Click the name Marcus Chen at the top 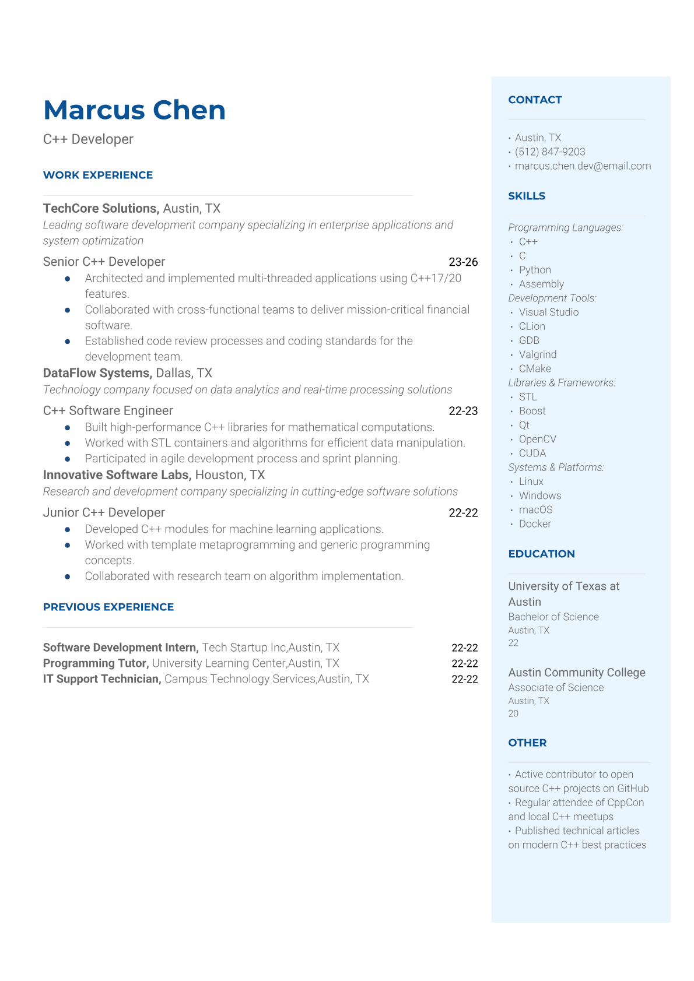click(x=134, y=110)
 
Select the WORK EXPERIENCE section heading click(x=98, y=175)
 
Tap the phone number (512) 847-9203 click(x=550, y=152)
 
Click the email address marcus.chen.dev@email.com click(x=583, y=166)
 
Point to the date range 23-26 click(x=463, y=262)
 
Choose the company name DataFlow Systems click(x=97, y=373)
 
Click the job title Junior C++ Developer click(x=104, y=512)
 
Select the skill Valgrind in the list click(x=538, y=354)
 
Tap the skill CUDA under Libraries click(x=532, y=453)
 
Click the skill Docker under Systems click(x=535, y=523)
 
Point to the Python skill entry click(x=535, y=270)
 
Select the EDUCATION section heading click(x=541, y=554)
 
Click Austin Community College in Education click(x=577, y=672)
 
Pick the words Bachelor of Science click(x=553, y=617)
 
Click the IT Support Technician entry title click(x=102, y=679)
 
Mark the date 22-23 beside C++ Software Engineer click(x=463, y=411)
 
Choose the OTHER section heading click(x=527, y=743)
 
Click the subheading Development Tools click(x=552, y=298)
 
